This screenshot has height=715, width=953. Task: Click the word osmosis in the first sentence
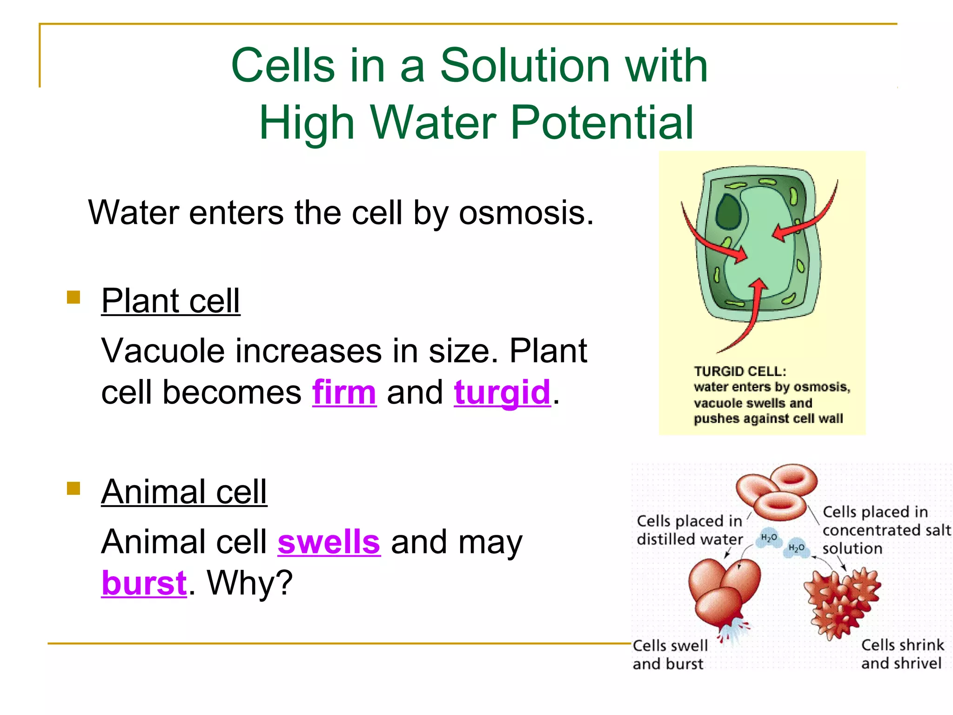[526, 213]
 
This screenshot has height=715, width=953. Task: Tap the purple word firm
[344, 392]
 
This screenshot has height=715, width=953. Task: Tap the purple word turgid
[502, 392]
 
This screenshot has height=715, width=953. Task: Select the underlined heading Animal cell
[184, 492]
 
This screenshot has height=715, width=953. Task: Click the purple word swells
[329, 542]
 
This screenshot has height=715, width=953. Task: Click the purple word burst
[144, 583]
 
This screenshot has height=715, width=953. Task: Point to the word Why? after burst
[250, 583]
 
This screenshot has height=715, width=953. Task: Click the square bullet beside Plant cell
[74, 297]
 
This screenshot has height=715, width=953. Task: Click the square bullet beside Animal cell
[74, 488]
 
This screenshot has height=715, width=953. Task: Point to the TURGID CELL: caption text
[740, 371]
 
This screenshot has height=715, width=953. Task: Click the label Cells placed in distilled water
[689, 530]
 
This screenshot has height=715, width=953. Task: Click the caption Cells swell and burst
[670, 654]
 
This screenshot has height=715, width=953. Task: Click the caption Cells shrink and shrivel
[901, 654]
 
